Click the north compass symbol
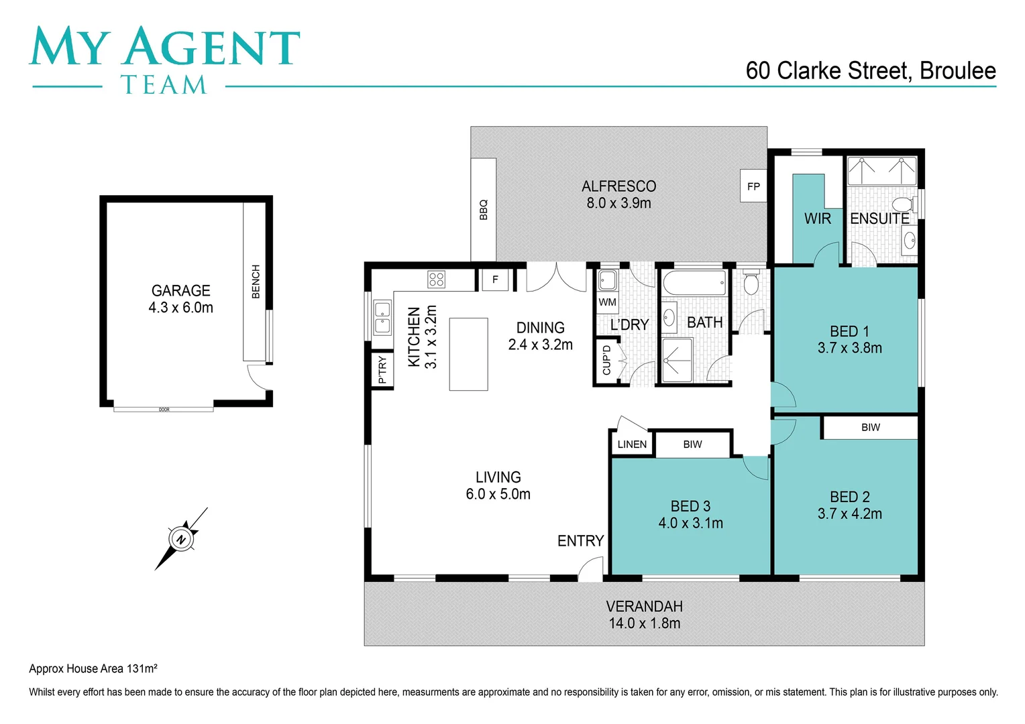coord(180,539)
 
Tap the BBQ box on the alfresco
coord(483,209)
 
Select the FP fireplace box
coord(753,186)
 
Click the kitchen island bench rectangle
coord(468,354)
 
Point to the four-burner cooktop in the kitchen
coord(436,279)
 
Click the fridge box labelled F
coord(495,280)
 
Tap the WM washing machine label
coord(607,302)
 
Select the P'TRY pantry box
coord(382,370)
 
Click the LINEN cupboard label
coord(632,444)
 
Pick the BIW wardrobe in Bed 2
coord(870,428)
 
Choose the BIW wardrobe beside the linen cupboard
coord(692,444)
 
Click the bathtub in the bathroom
coord(694,283)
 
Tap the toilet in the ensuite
coord(903,204)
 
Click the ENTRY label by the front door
coord(580,541)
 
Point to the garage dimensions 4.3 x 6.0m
coord(180,308)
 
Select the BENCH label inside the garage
coord(256,282)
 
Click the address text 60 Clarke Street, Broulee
coord(870,71)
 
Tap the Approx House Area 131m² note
coord(93,668)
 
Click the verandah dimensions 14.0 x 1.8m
coord(644,623)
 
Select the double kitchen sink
coord(382,318)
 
